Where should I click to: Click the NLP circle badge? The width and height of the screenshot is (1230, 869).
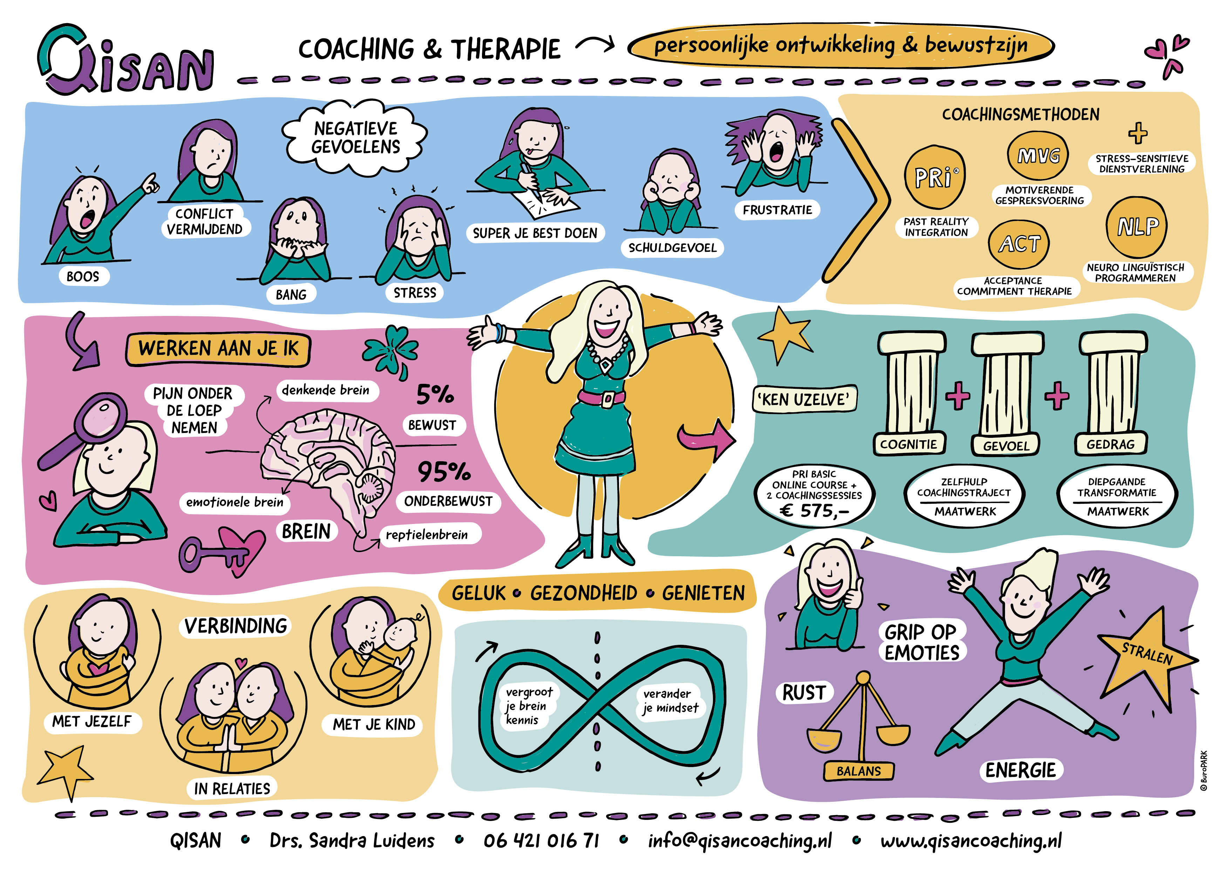coord(1137,227)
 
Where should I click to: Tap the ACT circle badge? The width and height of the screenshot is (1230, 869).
coord(1019,244)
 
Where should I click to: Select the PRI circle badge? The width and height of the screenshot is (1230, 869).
coord(935,177)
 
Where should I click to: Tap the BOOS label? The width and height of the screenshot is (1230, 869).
coord(83,276)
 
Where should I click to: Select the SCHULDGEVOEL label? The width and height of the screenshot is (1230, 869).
coord(672,247)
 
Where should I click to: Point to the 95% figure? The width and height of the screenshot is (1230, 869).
coord(443,472)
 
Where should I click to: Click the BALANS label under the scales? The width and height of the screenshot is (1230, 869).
coord(859,771)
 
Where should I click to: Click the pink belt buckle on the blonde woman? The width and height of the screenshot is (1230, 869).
coord(607,399)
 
